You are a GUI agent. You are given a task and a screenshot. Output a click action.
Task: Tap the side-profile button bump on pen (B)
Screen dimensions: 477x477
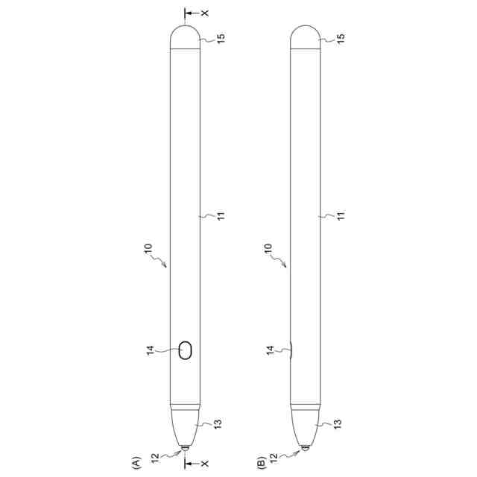point(291,350)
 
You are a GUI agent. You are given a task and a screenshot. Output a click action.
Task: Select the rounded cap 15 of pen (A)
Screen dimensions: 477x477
point(185,37)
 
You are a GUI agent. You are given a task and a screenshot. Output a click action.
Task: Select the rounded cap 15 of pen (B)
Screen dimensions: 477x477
point(305,37)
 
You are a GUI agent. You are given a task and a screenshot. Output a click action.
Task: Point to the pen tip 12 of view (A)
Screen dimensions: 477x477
point(185,448)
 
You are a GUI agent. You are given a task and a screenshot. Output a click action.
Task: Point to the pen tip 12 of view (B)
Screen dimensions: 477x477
point(306,448)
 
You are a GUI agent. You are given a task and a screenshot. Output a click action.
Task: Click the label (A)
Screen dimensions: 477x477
point(136,463)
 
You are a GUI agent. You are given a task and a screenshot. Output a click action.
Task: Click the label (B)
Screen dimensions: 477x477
point(262,463)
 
